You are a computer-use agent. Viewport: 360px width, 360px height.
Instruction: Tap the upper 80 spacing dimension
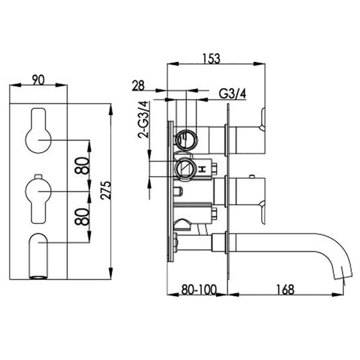[82, 166]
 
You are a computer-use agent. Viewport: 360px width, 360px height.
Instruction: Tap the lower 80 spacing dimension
[82, 217]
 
